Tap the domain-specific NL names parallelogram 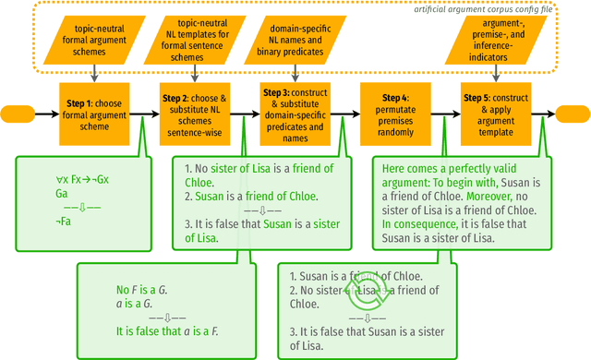pos(293,39)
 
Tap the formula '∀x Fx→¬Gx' pos(82,180)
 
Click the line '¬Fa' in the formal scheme pos(63,222)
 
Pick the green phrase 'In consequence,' pos(415,223)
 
